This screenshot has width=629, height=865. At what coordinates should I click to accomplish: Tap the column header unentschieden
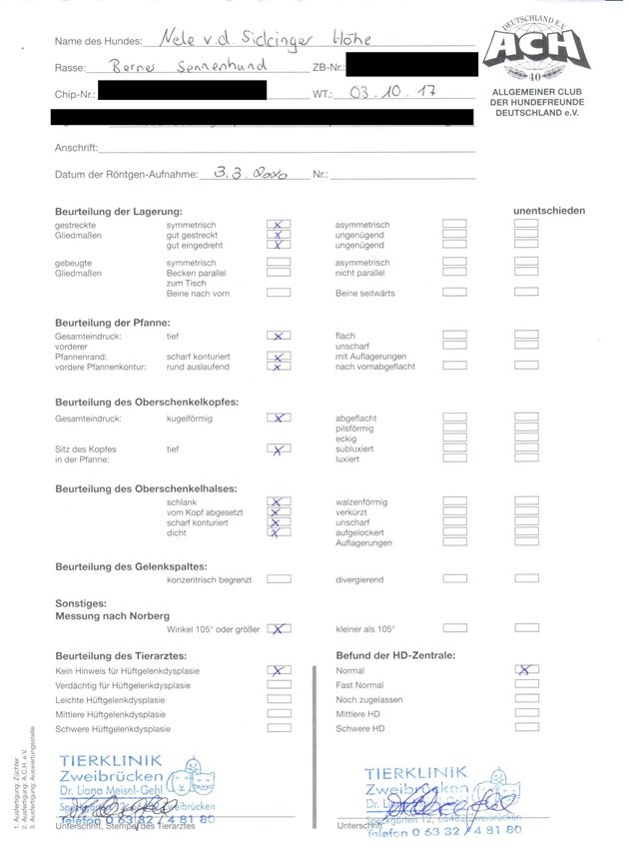pyautogui.click(x=548, y=211)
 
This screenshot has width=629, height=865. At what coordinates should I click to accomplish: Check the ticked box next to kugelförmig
pyautogui.click(x=280, y=419)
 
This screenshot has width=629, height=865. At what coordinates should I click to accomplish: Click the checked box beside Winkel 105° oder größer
pyautogui.click(x=280, y=629)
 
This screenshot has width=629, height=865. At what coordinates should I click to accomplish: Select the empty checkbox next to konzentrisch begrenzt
pyautogui.click(x=280, y=579)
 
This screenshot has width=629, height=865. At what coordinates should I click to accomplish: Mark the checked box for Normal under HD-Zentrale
pyautogui.click(x=526, y=671)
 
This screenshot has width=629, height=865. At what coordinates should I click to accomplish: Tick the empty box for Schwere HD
pyautogui.click(x=526, y=729)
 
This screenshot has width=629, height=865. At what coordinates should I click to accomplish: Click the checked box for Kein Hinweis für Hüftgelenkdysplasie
pyautogui.click(x=280, y=671)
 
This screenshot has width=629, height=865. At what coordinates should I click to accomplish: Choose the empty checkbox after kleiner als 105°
pyautogui.click(x=454, y=629)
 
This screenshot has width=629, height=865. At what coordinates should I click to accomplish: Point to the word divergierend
pyautogui.click(x=359, y=579)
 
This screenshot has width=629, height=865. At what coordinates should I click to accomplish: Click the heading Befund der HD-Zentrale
pyautogui.click(x=395, y=655)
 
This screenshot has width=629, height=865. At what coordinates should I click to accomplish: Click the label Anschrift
pyautogui.click(x=76, y=148)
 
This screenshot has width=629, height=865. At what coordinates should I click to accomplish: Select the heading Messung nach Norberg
pyautogui.click(x=112, y=615)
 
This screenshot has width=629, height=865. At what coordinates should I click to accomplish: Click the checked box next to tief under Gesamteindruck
pyautogui.click(x=280, y=337)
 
